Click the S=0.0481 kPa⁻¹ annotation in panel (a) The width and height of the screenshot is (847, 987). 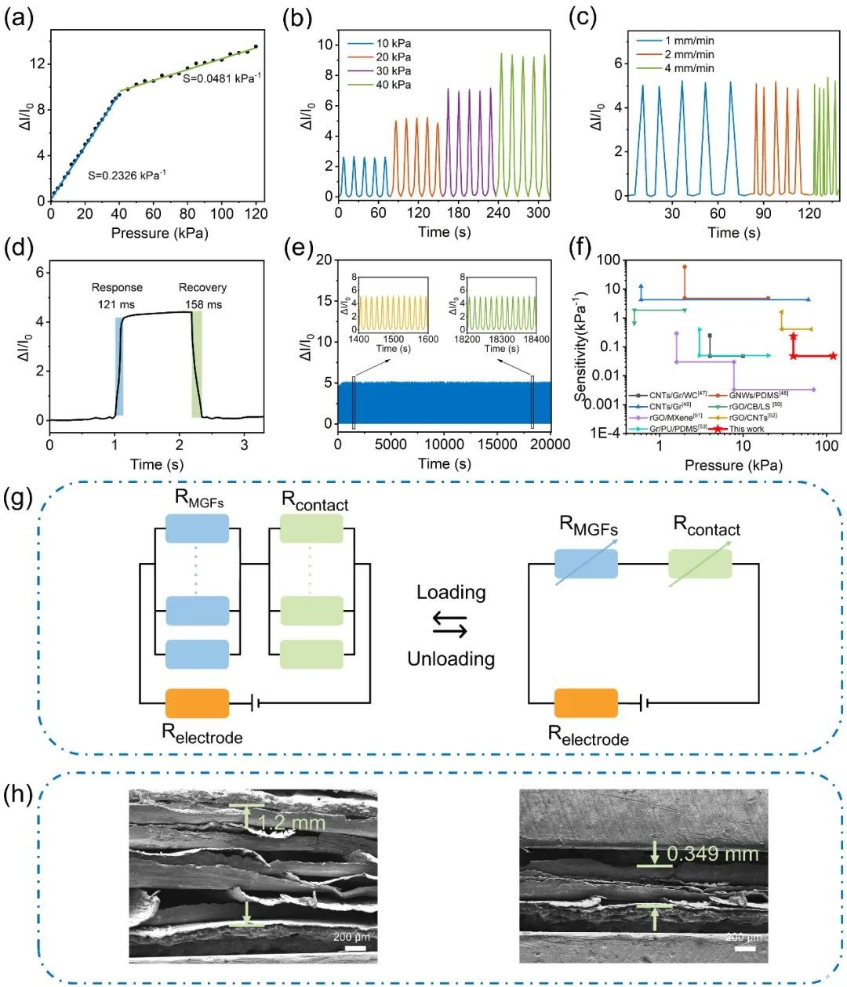pos(222,78)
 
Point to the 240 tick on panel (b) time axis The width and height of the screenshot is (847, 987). pos(498,212)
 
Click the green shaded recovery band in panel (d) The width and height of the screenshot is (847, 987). pos(197,364)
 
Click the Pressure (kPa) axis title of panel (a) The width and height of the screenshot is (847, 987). pos(160,233)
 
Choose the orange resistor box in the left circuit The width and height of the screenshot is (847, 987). pos(198,703)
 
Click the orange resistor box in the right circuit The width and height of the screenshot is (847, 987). pos(586,703)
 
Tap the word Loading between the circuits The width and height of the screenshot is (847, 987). pos(451,592)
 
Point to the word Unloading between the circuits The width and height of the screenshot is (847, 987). pos(451,659)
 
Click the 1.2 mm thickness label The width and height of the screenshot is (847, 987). pos(291,823)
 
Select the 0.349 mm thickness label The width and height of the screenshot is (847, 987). pos(712,854)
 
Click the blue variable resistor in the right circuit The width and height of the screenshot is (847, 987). pos(586,564)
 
